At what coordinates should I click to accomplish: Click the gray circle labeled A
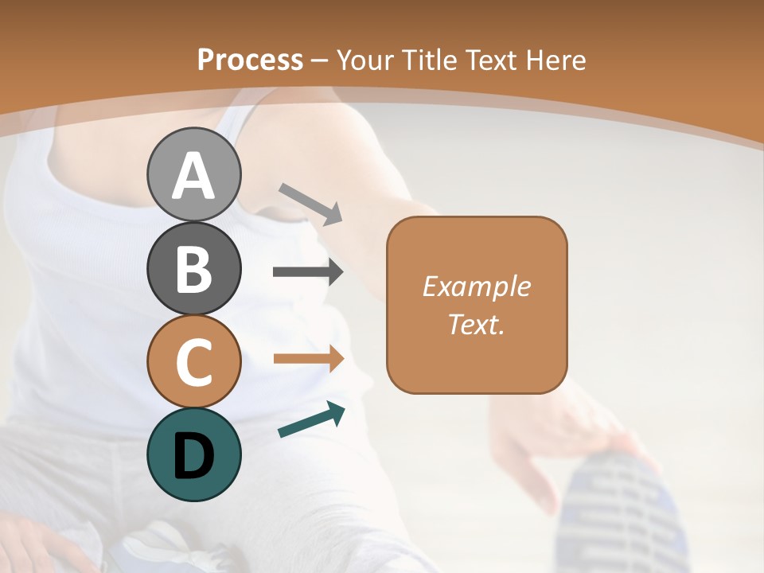click(193, 174)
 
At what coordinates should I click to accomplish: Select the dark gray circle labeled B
click(193, 268)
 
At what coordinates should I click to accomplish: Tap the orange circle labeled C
click(193, 361)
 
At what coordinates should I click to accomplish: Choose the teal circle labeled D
click(193, 454)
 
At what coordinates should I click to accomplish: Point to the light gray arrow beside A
click(310, 203)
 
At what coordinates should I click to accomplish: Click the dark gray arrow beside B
click(308, 272)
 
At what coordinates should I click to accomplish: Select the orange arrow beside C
click(308, 358)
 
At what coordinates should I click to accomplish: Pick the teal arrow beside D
click(311, 420)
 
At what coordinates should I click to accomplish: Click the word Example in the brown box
click(476, 286)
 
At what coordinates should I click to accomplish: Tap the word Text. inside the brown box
click(476, 324)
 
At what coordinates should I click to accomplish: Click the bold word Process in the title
click(250, 60)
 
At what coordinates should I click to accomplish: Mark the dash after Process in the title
click(320, 60)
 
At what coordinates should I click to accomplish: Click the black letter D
click(193, 456)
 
